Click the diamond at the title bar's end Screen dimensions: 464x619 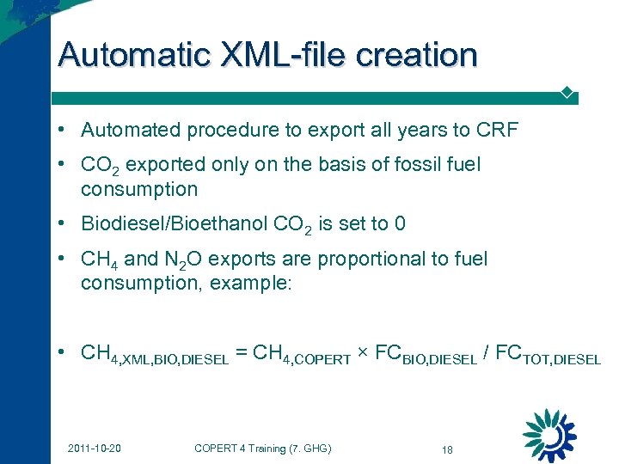pos(567,91)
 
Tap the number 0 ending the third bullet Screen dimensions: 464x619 pos(399,224)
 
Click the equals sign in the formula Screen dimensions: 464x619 pos(242,353)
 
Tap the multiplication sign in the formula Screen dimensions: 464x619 pos(362,353)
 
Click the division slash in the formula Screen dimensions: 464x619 pos(487,353)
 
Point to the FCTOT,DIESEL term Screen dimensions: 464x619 pos(549,355)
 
